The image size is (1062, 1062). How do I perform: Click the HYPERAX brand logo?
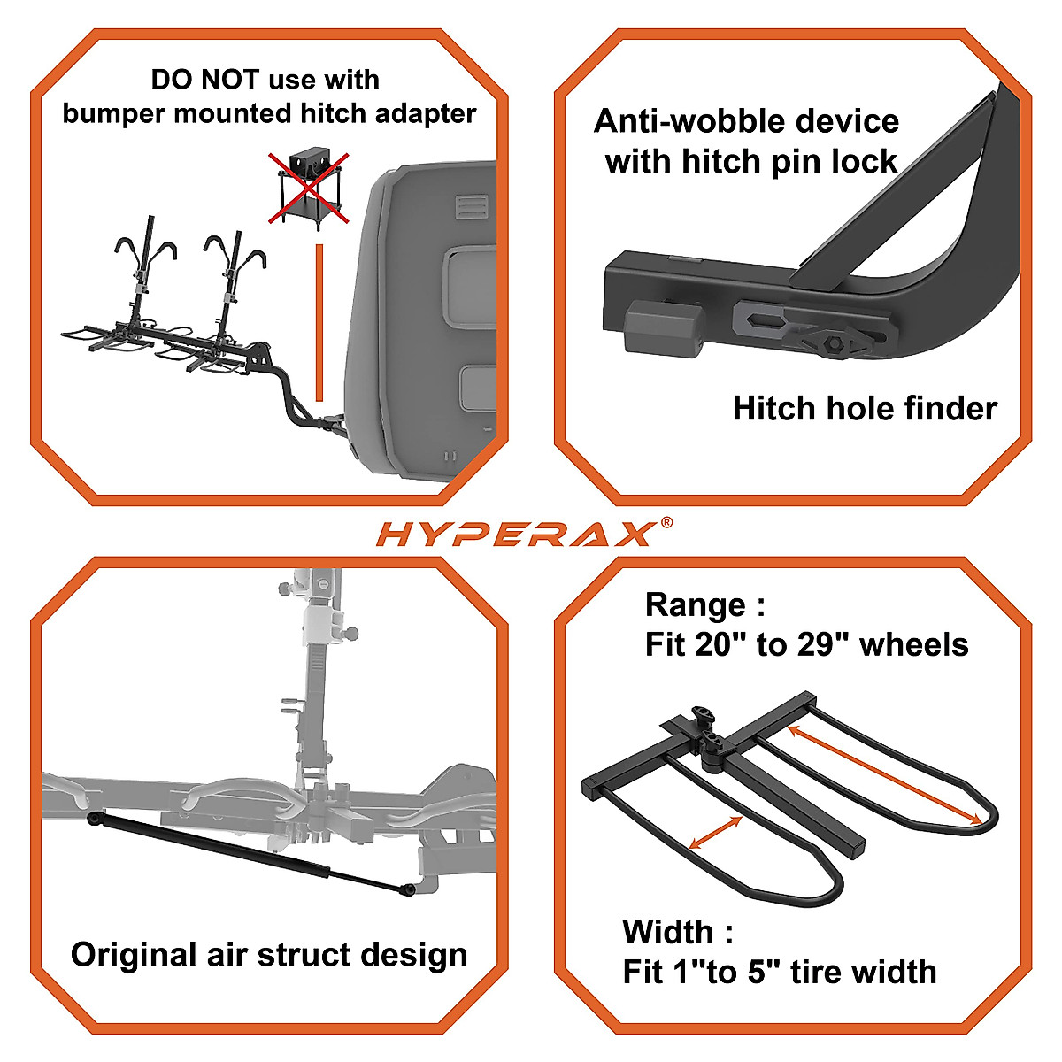517,533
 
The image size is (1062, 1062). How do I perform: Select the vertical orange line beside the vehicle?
319,323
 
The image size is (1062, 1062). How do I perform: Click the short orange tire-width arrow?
715,833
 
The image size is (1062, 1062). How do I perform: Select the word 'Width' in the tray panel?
667,932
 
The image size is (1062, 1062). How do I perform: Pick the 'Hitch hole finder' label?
865,408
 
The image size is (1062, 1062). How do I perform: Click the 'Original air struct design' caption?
269,955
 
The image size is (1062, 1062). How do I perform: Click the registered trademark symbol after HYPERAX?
666,522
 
